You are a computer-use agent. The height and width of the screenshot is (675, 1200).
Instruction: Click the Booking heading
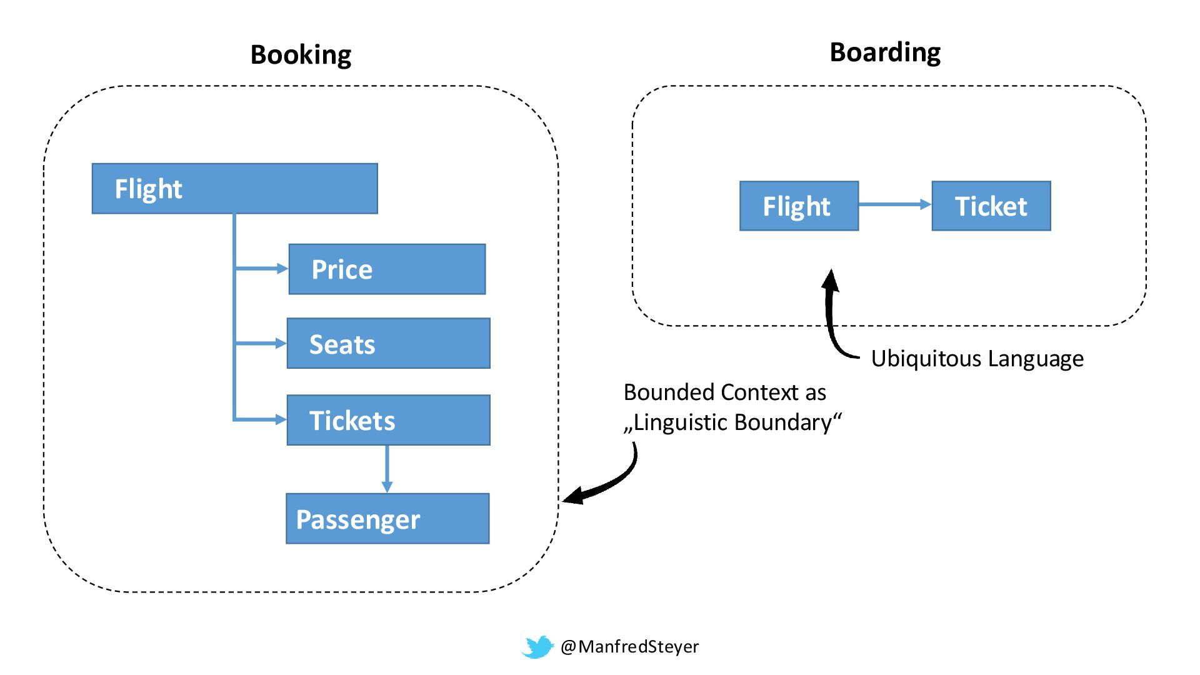[301, 55]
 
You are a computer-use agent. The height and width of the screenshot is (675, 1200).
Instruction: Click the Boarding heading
[884, 52]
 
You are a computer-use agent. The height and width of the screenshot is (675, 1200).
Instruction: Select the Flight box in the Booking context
[234, 189]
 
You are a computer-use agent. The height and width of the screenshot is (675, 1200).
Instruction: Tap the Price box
[387, 269]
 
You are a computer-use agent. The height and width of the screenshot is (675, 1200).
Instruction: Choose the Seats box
[388, 344]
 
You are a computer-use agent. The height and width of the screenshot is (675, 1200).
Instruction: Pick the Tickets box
[388, 420]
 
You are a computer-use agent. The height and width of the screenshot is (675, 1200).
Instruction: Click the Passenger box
[387, 519]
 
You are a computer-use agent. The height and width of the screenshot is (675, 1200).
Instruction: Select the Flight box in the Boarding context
[799, 206]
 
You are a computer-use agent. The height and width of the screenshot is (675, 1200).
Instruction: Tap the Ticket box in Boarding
[991, 206]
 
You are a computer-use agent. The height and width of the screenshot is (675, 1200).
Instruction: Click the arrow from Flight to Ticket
[894, 204]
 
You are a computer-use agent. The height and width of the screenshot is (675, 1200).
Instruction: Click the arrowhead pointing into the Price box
[282, 269]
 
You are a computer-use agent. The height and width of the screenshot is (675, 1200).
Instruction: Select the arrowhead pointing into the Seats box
[281, 343]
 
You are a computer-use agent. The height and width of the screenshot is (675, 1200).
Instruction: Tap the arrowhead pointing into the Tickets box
[281, 419]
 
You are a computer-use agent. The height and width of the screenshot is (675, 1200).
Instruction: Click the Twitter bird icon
[538, 647]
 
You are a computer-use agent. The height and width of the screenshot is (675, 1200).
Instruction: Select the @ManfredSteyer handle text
[629, 646]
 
